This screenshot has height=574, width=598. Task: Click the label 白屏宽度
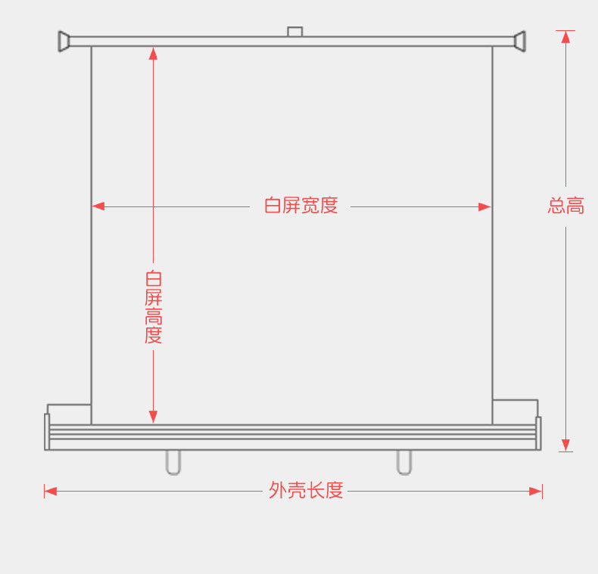[x=301, y=206]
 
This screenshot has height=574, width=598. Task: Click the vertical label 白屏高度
[x=154, y=306]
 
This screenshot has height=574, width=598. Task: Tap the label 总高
[x=566, y=206]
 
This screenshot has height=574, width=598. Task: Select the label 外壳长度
[x=306, y=491]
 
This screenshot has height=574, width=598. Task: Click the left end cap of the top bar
[x=64, y=41]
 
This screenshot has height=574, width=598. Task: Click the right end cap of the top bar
[x=519, y=41]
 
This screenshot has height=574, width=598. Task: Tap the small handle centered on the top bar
[x=294, y=32]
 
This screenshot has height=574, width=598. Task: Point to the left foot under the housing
[x=173, y=462]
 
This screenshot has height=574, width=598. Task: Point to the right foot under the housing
[x=404, y=462]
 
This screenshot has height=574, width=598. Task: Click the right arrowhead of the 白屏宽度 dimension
[x=485, y=206]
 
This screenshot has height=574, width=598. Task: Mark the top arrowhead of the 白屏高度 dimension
[x=154, y=53]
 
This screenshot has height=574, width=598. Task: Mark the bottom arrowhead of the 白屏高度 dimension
[x=154, y=417]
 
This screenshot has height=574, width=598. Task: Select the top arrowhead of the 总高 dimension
[x=565, y=36]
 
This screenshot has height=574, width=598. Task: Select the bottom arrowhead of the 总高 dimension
[x=565, y=445]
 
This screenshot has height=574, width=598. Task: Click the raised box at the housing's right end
[x=515, y=411]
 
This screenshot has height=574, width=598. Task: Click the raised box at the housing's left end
[x=69, y=414]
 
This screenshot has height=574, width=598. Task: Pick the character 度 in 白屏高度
[x=154, y=335]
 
